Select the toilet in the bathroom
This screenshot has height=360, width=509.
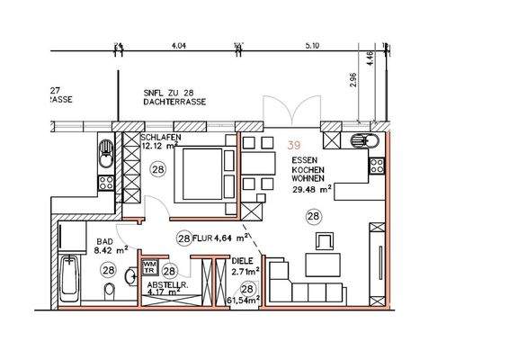click(x=109, y=291)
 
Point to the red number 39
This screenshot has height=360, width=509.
click(x=294, y=144)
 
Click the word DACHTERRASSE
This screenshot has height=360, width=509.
click(x=174, y=103)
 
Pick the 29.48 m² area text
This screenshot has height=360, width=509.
click(x=310, y=189)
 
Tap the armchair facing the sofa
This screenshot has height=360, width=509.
click(x=325, y=241)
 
